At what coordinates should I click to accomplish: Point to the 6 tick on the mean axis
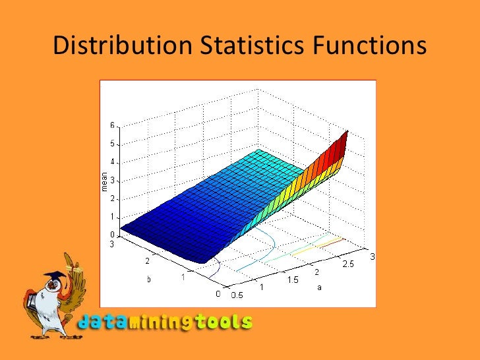[x=112, y=125]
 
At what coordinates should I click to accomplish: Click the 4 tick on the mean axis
[x=112, y=162]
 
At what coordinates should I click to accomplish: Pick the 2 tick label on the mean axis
[x=112, y=198]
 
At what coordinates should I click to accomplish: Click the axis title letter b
[x=148, y=279]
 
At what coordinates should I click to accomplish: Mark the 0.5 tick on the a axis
[x=236, y=295]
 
